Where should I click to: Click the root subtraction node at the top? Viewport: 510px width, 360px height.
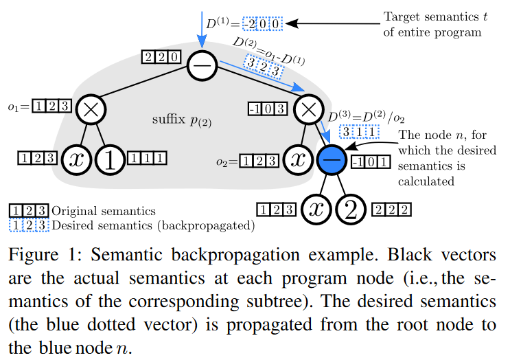click(x=202, y=67)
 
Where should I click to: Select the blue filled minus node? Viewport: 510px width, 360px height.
click(x=332, y=159)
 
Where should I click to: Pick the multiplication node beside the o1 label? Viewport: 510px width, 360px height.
click(x=90, y=109)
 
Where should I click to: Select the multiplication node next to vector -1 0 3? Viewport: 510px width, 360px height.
click(x=308, y=109)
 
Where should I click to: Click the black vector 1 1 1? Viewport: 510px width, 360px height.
click(x=149, y=159)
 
